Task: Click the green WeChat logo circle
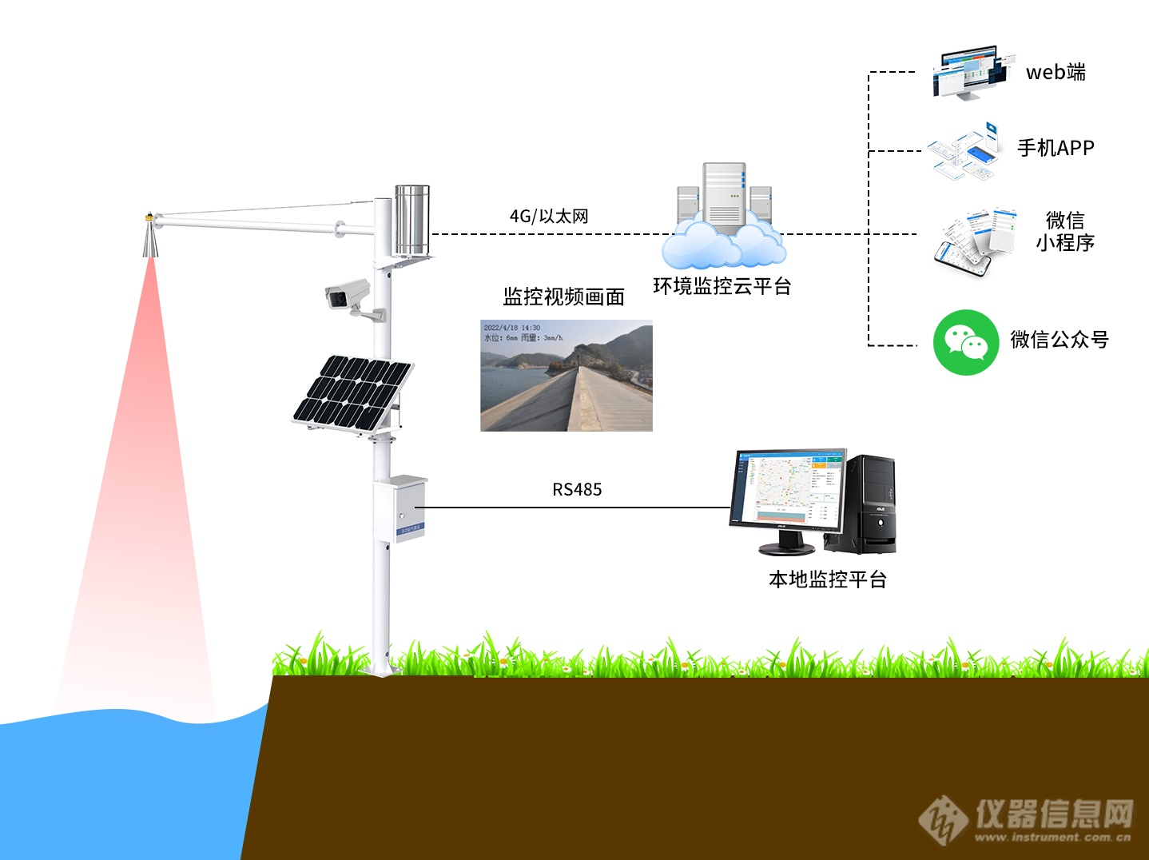(966, 342)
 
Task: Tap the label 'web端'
(1056, 72)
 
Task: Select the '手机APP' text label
(1056, 148)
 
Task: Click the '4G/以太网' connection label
(549, 216)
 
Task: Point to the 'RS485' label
(577, 489)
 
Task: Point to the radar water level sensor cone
(150, 236)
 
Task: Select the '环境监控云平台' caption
(722, 286)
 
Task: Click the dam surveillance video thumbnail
(566, 376)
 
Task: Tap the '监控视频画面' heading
(563, 297)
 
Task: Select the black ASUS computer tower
(869, 504)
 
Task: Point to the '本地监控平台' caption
(827, 579)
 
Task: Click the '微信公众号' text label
(1060, 340)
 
